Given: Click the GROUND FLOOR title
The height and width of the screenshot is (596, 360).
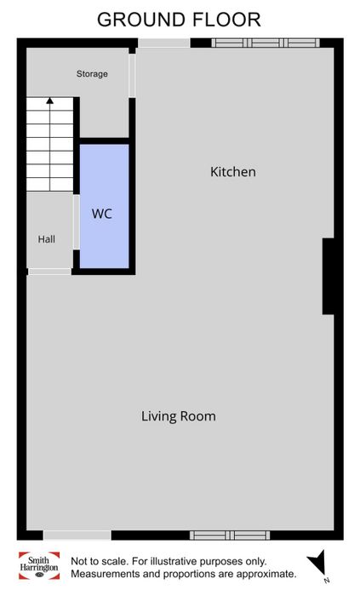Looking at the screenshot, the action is pyautogui.click(x=179, y=20).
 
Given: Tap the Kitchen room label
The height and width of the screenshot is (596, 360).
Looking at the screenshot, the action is pyautogui.click(x=233, y=172).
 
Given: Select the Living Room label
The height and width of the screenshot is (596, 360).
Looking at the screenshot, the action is pyautogui.click(x=179, y=416).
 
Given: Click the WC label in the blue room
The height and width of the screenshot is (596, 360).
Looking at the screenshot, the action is pyautogui.click(x=102, y=214).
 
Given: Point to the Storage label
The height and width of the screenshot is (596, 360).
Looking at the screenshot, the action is pyautogui.click(x=92, y=74).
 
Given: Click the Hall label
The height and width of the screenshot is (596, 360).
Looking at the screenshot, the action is pyautogui.click(x=46, y=239).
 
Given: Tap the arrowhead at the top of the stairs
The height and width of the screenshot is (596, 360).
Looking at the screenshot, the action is pyautogui.click(x=49, y=100).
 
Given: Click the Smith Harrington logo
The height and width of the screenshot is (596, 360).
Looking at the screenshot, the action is pyautogui.click(x=39, y=565).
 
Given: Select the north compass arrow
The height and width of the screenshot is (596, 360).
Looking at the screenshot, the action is pyautogui.click(x=317, y=563).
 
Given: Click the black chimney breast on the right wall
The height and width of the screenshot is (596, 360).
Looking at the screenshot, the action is pyautogui.click(x=329, y=277).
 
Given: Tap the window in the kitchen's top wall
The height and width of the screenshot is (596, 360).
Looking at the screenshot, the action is pyautogui.click(x=266, y=43).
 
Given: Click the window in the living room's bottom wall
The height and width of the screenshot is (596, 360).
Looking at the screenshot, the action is pyautogui.click(x=230, y=536).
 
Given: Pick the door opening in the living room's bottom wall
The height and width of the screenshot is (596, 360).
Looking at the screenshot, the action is pyautogui.click(x=77, y=536).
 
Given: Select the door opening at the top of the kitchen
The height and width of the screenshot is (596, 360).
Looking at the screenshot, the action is pyautogui.click(x=163, y=43).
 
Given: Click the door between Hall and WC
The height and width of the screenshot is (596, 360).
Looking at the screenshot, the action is pyautogui.click(x=77, y=222).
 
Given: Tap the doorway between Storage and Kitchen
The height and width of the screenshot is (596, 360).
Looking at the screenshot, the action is pyautogui.click(x=132, y=76).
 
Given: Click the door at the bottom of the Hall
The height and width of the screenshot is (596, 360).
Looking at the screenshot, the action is pyautogui.click(x=49, y=272).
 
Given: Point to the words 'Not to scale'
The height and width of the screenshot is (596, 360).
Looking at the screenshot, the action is pyautogui.click(x=99, y=561).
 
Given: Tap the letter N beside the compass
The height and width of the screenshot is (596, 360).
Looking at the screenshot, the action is pyautogui.click(x=326, y=581).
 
